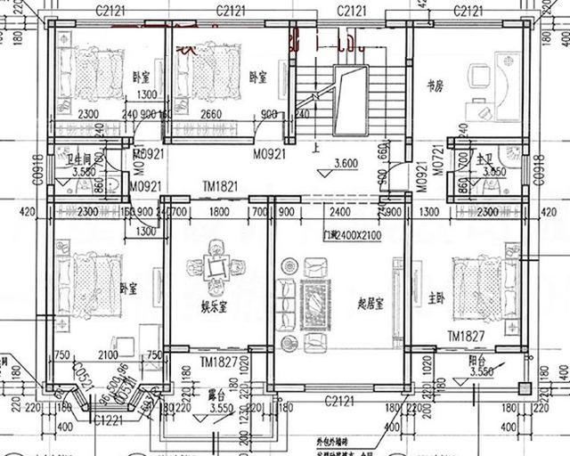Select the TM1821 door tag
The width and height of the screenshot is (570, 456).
pyautogui.click(x=220, y=187)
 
